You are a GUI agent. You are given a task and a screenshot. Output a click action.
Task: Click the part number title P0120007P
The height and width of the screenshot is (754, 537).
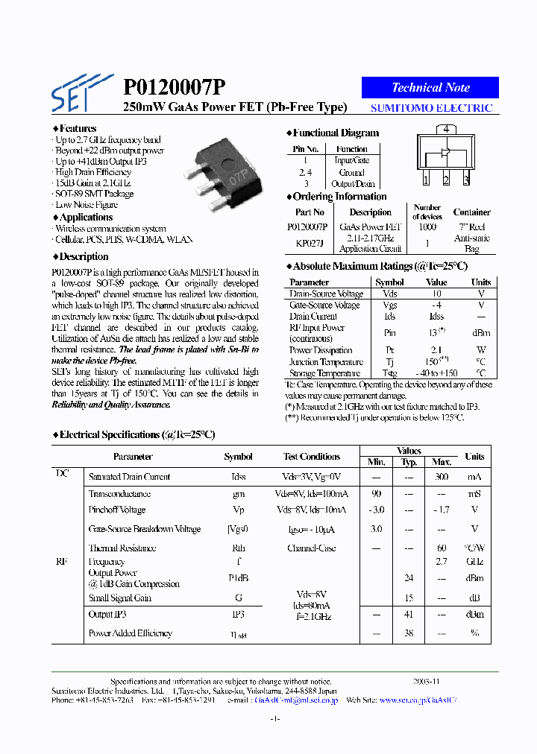click(174, 88)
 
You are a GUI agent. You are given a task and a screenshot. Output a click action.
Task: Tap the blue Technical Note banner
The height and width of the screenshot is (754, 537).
click(430, 87)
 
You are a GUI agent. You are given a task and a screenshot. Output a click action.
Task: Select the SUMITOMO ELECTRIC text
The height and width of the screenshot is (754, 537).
click(432, 108)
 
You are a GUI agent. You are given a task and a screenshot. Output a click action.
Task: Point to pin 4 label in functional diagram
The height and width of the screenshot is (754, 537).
click(445, 129)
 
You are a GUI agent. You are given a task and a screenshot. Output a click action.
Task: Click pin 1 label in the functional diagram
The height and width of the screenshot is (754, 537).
click(425, 180)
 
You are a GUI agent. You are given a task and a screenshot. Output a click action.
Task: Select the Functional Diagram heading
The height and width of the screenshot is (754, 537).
click(335, 133)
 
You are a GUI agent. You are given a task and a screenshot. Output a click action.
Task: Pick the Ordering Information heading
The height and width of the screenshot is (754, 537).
click(339, 197)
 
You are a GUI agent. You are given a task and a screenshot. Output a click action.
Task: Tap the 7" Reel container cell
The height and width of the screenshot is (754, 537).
click(471, 226)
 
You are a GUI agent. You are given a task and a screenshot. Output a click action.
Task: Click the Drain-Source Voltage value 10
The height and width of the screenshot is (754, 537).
click(436, 294)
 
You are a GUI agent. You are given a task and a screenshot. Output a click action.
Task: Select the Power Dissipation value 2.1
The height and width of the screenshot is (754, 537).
click(436, 349)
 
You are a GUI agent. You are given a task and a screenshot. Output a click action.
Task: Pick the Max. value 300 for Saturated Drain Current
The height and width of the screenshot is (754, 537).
click(442, 477)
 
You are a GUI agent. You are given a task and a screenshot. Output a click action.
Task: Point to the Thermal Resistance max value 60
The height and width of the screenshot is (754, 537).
click(442, 548)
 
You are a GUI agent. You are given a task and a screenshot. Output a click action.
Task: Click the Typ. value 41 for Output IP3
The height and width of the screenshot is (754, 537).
click(409, 615)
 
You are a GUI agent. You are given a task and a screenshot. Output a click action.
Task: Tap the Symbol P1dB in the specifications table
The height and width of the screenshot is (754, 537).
click(238, 578)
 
